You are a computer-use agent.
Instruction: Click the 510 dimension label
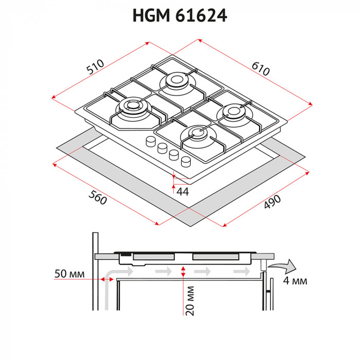tap(95, 66)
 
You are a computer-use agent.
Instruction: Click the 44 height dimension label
tap(182, 191)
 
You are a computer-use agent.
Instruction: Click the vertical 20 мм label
tap(190, 299)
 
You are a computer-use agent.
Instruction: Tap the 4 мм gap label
tap(295, 281)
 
